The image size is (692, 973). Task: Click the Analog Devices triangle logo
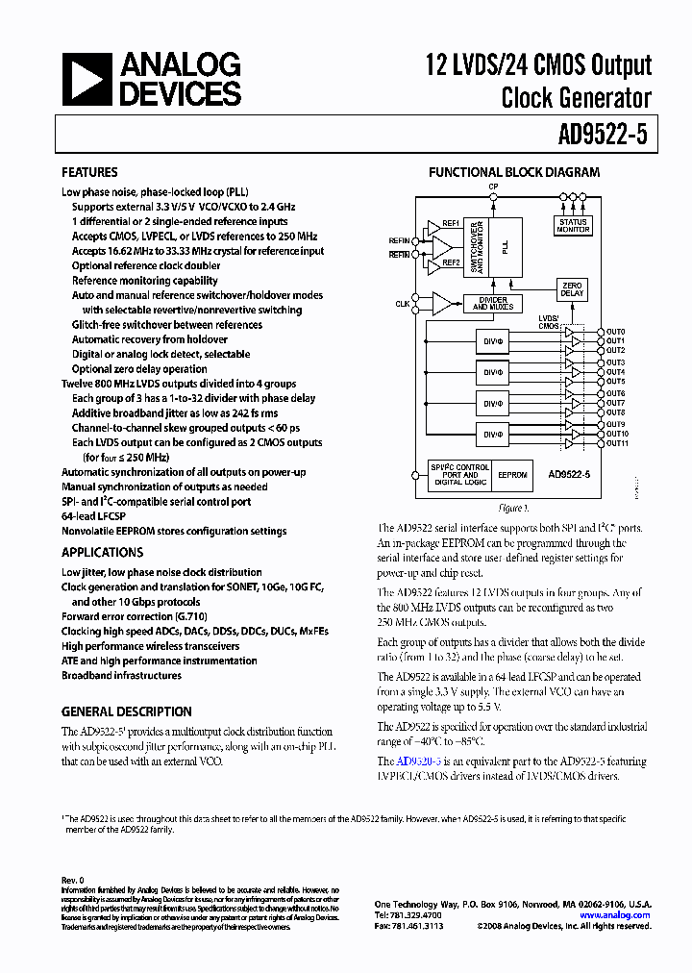(87, 79)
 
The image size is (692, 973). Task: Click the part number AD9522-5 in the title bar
(604, 136)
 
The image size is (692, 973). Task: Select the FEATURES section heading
(89, 173)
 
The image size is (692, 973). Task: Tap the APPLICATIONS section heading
(102, 553)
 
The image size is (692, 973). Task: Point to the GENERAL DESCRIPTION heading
(126, 712)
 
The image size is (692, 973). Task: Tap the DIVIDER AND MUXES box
(493, 303)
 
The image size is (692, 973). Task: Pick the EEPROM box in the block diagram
(513, 475)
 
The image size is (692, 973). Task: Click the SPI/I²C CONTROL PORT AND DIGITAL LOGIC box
(459, 475)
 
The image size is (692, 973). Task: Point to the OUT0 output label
(616, 332)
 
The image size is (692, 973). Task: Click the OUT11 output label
(617, 444)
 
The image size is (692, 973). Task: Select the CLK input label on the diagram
(402, 304)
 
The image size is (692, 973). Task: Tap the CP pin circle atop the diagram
(493, 195)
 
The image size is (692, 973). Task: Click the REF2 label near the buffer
(451, 262)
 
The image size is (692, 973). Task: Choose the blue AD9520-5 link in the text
(419, 761)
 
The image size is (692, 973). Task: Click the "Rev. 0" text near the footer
(73, 880)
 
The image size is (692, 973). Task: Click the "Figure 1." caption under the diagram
(513, 508)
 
